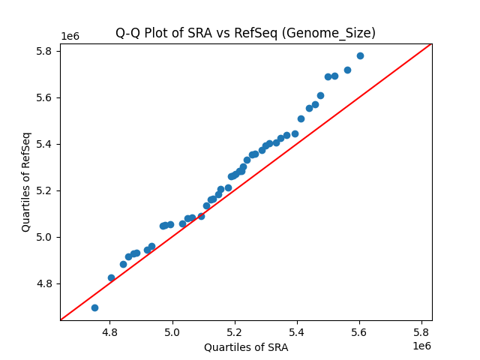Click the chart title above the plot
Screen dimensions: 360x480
[245, 33]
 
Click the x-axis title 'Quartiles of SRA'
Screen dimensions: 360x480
[245, 347]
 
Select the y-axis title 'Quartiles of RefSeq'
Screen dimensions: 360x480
[26, 181]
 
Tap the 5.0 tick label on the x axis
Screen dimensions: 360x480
[172, 332]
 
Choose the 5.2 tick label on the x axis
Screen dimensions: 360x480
[235, 332]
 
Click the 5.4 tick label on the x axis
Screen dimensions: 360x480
[297, 332]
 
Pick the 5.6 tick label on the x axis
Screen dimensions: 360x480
[359, 332]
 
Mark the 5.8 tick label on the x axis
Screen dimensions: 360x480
[421, 332]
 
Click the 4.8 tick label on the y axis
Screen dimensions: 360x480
[46, 283]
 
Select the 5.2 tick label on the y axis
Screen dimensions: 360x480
[46, 190]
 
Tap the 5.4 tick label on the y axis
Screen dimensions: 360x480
[46, 144]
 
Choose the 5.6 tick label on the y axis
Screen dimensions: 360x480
[46, 97]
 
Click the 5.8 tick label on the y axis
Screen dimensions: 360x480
[46, 51]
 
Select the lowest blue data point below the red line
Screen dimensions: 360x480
[94, 307]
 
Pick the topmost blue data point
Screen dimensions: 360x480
[360, 55]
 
